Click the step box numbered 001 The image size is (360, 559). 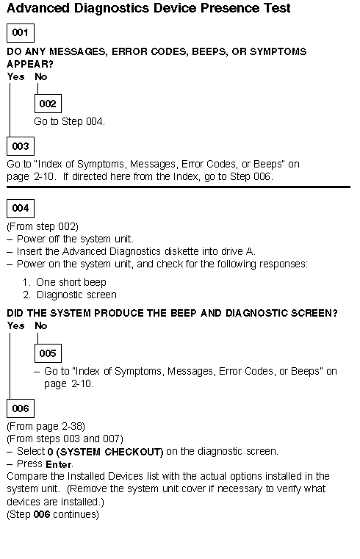[21, 33]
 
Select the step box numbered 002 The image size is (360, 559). [48, 104]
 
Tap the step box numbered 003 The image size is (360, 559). [21, 146]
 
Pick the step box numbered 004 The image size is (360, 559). [21, 208]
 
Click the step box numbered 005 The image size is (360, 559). [48, 353]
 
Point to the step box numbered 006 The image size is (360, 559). [21, 408]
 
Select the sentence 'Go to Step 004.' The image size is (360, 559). [69, 121]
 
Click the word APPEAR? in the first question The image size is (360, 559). [30, 64]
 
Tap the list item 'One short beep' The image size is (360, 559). [64, 282]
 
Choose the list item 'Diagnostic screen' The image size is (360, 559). [70, 295]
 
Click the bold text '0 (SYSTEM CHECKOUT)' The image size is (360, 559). [105, 452]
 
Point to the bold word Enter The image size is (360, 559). [59, 464]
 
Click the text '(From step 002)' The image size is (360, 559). [43, 226]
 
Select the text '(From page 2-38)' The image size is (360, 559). [46, 426]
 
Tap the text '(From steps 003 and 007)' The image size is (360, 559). [65, 439]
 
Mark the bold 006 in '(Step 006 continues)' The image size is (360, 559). [42, 514]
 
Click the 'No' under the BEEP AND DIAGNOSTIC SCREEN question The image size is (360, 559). [41, 325]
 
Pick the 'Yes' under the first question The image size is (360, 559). [15, 76]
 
